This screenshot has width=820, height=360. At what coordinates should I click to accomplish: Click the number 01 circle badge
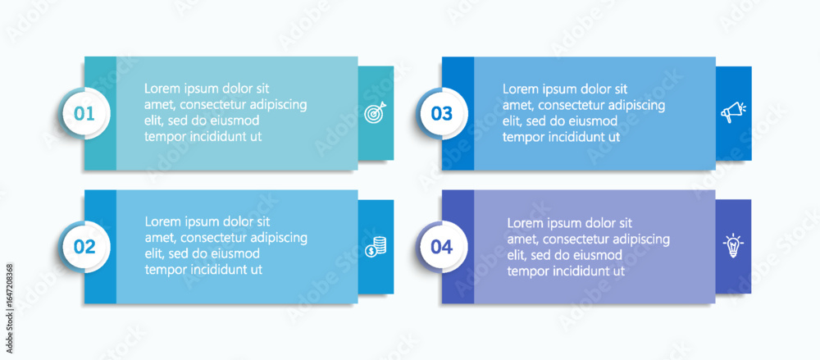(x=84, y=113)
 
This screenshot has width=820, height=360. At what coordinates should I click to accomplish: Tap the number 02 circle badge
(x=84, y=247)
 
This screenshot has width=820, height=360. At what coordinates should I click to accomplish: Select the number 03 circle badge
(x=443, y=113)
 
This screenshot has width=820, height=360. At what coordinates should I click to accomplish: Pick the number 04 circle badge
(x=443, y=247)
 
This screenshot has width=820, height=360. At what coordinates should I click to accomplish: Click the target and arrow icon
(x=376, y=112)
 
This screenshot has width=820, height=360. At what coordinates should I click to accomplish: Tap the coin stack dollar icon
(x=376, y=247)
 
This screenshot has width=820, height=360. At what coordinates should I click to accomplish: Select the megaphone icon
(x=733, y=112)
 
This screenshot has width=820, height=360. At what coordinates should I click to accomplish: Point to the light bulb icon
(x=733, y=245)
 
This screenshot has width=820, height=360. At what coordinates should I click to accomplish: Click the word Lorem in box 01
(x=161, y=89)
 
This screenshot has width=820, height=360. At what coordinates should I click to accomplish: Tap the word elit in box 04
(x=516, y=255)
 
